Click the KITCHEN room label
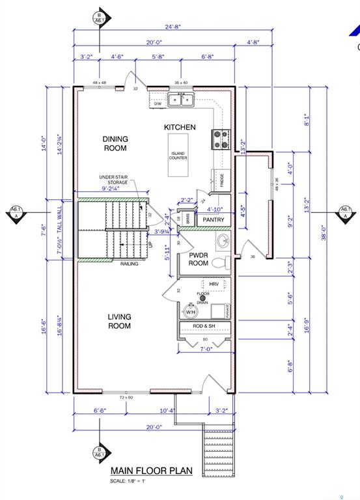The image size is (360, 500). (180, 127)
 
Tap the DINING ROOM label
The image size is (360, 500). (115, 143)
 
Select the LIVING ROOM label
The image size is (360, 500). (120, 321)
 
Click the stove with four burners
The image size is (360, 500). (220, 139)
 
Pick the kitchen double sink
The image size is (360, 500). (182, 99)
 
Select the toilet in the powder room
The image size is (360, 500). (221, 264)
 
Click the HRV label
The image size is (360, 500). (214, 285)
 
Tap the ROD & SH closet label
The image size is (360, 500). (204, 326)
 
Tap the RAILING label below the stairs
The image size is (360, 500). (130, 264)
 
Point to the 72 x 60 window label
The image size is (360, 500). (126, 396)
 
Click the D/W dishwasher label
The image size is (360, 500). (157, 104)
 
